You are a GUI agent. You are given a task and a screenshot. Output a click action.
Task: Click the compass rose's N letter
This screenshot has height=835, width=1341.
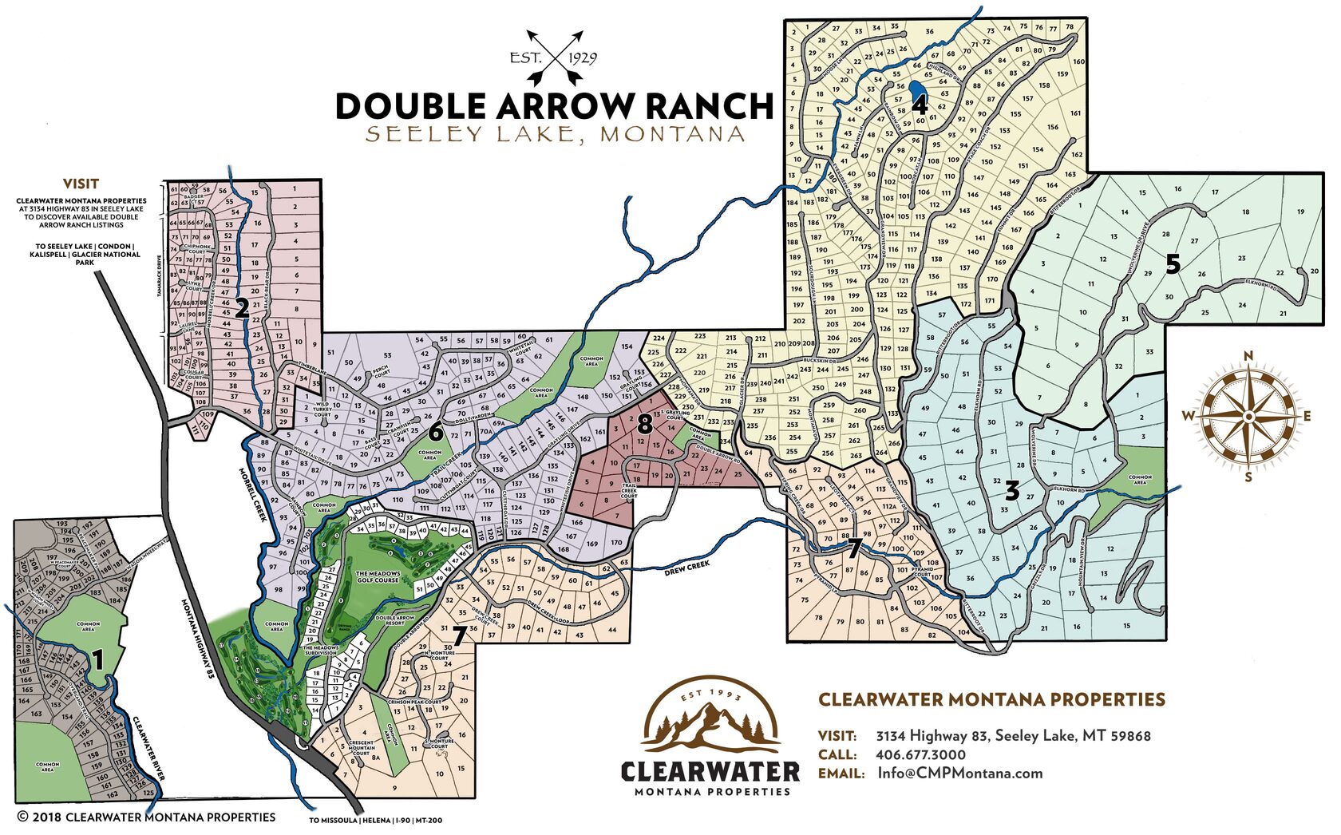click(x=1248, y=356)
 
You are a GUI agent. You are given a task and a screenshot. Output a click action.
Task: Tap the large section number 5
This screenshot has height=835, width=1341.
click(x=1172, y=264)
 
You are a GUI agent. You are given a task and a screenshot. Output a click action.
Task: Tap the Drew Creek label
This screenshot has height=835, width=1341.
click(x=686, y=565)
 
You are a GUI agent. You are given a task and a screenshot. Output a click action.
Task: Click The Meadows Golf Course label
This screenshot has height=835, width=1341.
click(x=377, y=576)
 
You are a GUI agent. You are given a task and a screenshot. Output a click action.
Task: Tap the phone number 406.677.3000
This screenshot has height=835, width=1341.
click(x=920, y=754)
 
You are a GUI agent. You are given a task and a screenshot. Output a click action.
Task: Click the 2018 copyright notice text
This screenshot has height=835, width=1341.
click(x=146, y=817)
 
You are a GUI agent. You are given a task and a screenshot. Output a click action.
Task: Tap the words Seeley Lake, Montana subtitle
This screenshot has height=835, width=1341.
click(x=555, y=134)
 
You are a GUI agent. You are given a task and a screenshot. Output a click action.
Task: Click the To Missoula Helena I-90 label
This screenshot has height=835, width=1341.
click(x=375, y=821)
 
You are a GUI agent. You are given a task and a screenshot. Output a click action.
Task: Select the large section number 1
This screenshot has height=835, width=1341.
click(x=97, y=659)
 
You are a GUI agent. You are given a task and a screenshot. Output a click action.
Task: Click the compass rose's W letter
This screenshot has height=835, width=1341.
click(x=1189, y=415)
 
